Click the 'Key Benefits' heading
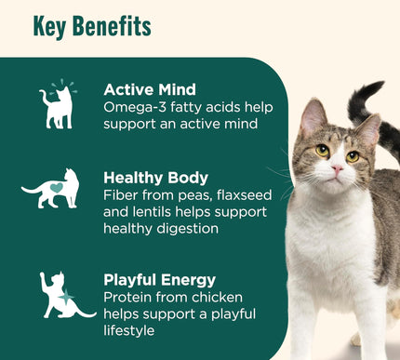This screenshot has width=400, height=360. (x=91, y=26)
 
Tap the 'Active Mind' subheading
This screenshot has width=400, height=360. (x=150, y=89)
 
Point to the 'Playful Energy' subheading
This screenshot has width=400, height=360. (x=160, y=279)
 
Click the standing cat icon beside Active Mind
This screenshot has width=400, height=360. (x=57, y=104)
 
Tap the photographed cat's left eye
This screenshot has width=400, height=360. (x=322, y=149)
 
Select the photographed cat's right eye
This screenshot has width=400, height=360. (x=353, y=155)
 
